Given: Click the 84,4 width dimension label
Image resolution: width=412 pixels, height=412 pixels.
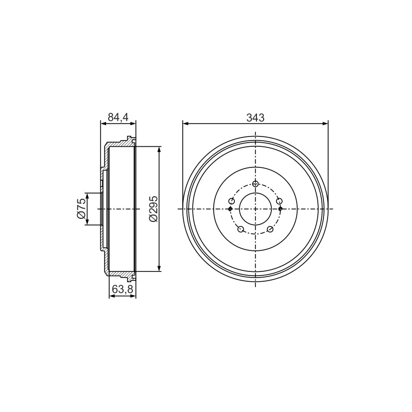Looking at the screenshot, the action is point(118,117).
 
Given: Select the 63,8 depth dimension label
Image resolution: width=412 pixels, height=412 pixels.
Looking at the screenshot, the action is point(123,289).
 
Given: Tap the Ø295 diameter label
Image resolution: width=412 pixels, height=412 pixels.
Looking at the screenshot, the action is point(153,209).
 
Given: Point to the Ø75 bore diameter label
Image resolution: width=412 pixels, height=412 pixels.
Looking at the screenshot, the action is point(81,209).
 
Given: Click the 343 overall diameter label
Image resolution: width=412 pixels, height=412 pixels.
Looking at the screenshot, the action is point(255,118).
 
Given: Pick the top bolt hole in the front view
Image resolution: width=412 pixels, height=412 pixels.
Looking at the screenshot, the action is point(255,184).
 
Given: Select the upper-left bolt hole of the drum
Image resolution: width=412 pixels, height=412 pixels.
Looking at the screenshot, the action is point(231,201).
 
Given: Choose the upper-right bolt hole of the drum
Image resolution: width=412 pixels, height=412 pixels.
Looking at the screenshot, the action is point(279,201).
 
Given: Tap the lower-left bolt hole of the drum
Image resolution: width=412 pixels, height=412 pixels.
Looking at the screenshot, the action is point(241,229).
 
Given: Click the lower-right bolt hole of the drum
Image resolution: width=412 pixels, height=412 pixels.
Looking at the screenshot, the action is point(270,229).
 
